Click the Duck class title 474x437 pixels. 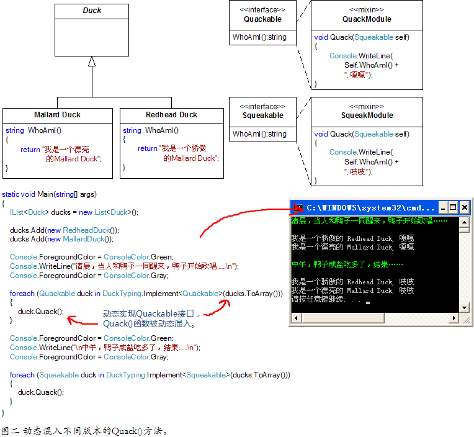[x=92, y=11]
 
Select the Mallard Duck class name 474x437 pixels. [x=58, y=115]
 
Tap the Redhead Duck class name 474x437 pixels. [x=171, y=115]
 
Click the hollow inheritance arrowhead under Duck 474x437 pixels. [x=92, y=61]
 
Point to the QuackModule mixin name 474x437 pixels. [x=367, y=19]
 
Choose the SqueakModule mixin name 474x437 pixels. [x=367, y=115]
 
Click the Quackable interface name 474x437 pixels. [x=262, y=19]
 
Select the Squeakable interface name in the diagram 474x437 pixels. [x=262, y=115]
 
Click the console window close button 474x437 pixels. [x=464, y=208]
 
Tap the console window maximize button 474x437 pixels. [x=453, y=208]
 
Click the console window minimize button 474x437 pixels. [x=443, y=208]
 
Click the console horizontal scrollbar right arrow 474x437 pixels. [x=454, y=318]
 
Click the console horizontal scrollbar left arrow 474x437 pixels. [x=296, y=318]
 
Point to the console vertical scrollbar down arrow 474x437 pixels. [x=464, y=308]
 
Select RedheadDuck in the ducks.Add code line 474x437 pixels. [x=86, y=230]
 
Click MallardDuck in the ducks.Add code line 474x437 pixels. [x=83, y=239]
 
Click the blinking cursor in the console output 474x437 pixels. [x=367, y=302]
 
